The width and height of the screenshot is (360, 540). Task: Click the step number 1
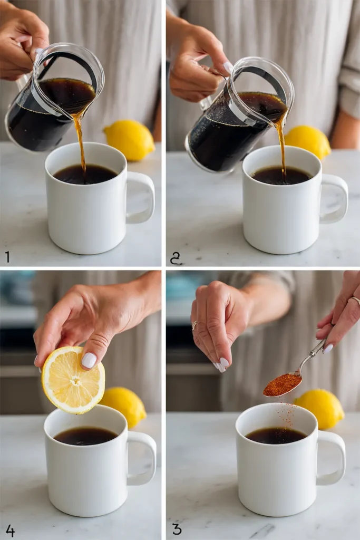tap(7, 257)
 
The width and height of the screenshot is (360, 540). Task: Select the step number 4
tap(10, 530)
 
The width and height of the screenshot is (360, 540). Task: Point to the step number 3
tap(177, 529)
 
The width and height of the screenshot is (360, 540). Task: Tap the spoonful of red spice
tap(281, 385)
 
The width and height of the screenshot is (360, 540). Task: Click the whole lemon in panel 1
tap(130, 140)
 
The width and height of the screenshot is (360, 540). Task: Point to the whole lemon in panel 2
tap(309, 141)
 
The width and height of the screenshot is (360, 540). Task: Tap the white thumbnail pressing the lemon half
tap(89, 360)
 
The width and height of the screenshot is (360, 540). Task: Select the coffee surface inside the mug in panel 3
tap(276, 435)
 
